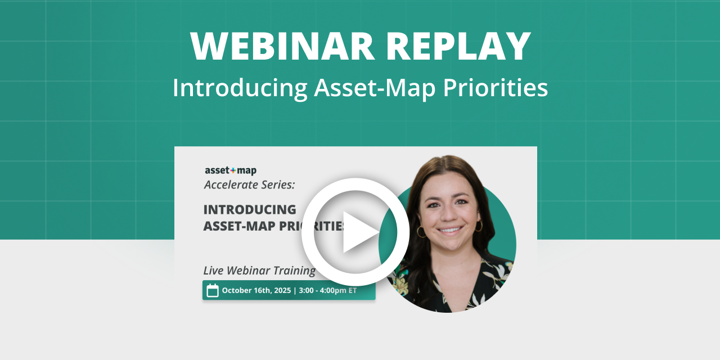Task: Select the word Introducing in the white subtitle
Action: pyautogui.click(x=240, y=88)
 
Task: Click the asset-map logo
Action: pyautogui.click(x=230, y=170)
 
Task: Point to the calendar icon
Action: pyautogui.click(x=213, y=291)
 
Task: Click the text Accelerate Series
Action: pyautogui.click(x=249, y=184)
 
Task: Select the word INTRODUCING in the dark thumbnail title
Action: pyautogui.click(x=250, y=209)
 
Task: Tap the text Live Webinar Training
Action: pyautogui.click(x=259, y=270)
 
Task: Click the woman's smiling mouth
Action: pyautogui.click(x=450, y=230)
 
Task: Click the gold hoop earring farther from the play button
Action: pyautogui.click(x=479, y=226)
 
